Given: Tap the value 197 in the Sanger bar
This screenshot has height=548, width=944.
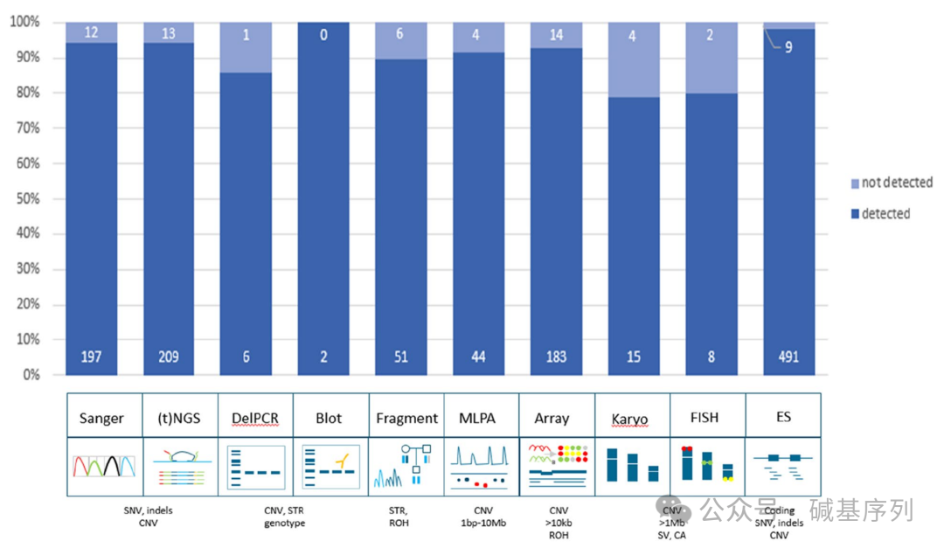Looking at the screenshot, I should point(92,357).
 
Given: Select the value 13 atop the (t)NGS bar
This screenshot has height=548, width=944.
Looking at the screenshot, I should point(168,33).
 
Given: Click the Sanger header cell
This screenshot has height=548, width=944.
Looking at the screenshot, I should point(101,418).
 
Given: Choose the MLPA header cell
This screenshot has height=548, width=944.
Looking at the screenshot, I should point(477,418).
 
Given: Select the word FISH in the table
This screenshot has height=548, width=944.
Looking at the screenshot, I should point(704,418).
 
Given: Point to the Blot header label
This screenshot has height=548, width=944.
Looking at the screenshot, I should point(328,418).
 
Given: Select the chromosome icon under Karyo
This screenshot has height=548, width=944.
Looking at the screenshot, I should point(631,466).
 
